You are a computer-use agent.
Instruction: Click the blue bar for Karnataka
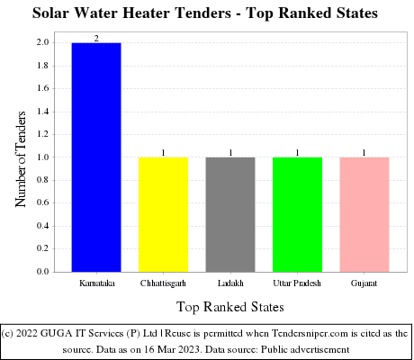(x=96, y=157)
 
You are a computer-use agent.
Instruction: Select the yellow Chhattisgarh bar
(x=163, y=214)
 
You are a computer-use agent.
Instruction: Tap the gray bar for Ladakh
(x=230, y=214)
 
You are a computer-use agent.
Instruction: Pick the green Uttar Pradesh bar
(x=297, y=214)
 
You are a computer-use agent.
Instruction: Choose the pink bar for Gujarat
(x=364, y=214)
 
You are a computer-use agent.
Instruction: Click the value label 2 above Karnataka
(x=96, y=38)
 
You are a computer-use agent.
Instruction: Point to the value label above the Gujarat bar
(x=364, y=152)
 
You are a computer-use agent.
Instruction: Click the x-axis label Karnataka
(x=96, y=283)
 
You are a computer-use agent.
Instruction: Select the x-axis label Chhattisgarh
(x=163, y=283)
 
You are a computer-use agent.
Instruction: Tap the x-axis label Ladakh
(x=230, y=283)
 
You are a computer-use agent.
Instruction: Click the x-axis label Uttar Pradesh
(x=297, y=283)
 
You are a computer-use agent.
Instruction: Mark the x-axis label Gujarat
(x=364, y=283)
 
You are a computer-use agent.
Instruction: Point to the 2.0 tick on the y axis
(x=42, y=42)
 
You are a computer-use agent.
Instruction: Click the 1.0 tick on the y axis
(x=42, y=157)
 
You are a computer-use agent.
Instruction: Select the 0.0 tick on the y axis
(x=42, y=271)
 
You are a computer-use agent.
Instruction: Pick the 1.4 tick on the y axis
(x=42, y=111)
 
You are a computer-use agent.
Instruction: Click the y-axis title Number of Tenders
(x=21, y=157)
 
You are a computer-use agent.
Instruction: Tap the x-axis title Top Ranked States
(x=229, y=306)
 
